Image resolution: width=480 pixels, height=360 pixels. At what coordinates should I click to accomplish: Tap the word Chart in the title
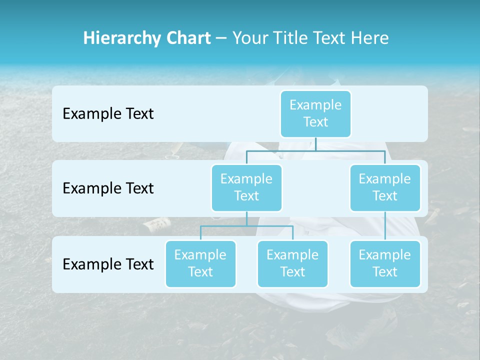[186, 38]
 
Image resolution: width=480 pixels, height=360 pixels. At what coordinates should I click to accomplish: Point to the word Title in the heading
[289, 38]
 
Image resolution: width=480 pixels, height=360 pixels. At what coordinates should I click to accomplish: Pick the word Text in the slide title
[329, 38]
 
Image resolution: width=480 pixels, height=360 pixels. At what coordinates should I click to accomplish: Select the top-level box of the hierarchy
[315, 113]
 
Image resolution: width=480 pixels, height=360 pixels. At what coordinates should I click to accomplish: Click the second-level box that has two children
[246, 187]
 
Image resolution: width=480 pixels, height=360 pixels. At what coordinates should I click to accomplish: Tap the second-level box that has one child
[385, 187]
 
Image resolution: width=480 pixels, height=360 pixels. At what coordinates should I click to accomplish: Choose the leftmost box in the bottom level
[200, 263]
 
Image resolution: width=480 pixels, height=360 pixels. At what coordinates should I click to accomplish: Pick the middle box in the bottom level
[292, 263]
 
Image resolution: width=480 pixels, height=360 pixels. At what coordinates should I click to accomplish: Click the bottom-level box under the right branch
[385, 263]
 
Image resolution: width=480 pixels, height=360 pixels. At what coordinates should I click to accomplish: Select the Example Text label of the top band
[108, 113]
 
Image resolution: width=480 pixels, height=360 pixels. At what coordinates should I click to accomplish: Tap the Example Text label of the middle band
[108, 188]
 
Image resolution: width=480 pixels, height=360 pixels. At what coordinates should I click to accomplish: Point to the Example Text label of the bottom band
[108, 264]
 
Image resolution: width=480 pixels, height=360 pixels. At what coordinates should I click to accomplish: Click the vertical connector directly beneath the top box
[315, 144]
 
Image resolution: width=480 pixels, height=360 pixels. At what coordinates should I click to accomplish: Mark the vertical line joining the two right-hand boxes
[385, 226]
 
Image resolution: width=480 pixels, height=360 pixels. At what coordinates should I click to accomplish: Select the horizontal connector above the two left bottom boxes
[246, 226]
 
